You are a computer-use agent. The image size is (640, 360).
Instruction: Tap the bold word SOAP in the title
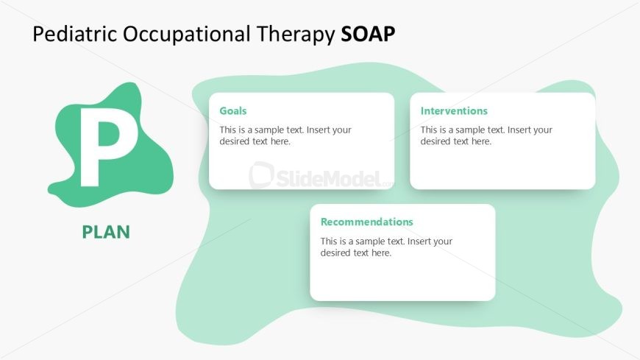tap(369, 34)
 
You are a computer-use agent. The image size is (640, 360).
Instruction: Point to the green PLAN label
tap(106, 232)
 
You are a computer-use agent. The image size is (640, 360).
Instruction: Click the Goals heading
tap(233, 111)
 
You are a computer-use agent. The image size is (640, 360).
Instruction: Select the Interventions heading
tap(454, 111)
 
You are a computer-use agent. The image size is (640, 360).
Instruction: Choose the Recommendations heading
tap(367, 222)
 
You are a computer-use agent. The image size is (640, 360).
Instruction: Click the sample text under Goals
tap(285, 135)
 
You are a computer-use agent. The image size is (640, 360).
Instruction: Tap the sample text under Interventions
tap(486, 135)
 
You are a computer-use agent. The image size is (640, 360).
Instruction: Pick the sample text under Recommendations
tap(386, 247)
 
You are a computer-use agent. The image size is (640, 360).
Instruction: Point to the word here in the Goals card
tap(280, 141)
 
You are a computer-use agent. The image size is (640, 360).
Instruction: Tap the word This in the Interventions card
tap(430, 130)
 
